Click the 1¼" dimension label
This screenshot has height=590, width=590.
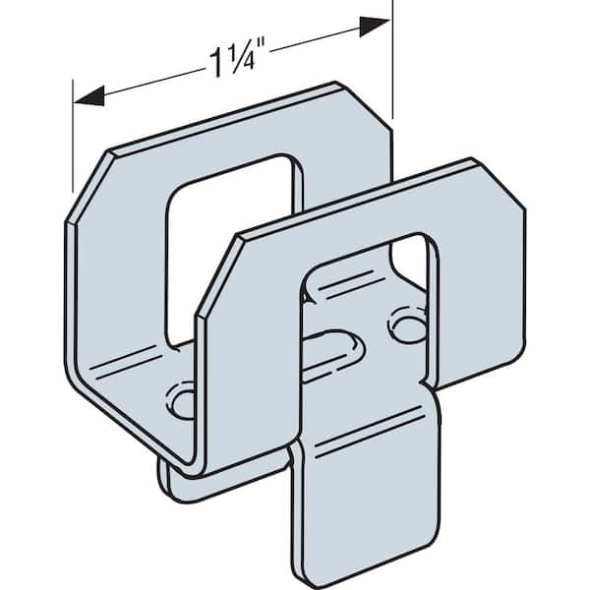[232, 60]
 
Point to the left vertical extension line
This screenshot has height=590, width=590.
[73, 138]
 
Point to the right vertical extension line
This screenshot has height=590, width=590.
[393, 59]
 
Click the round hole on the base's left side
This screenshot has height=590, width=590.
[183, 400]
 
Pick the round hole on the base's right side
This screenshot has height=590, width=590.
[403, 324]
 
